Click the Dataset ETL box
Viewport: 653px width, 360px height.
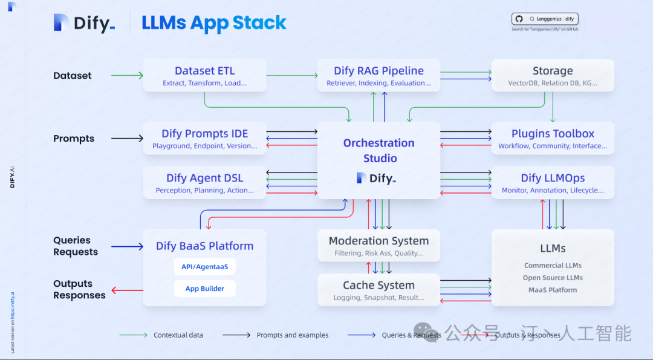pos(204,76)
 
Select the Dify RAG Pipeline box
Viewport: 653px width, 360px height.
pos(378,76)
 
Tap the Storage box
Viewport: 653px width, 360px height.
pos(553,76)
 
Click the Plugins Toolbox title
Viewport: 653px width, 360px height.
pos(553,134)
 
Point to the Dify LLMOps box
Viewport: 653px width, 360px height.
pos(553,183)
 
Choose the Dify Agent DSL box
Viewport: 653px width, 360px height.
pos(204,183)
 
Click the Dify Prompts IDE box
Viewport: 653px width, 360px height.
pos(204,139)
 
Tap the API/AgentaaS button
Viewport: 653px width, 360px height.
pos(205,266)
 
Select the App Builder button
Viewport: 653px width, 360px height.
pos(205,289)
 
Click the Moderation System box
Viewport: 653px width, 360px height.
pos(378,246)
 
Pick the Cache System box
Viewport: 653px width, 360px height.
pos(378,290)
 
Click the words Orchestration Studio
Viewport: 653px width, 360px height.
pos(379,151)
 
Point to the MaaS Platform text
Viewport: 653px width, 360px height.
pos(553,290)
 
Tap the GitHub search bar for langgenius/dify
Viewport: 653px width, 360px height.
pos(545,19)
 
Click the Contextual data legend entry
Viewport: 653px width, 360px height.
pos(178,335)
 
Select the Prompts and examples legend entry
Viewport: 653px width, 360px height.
pos(292,335)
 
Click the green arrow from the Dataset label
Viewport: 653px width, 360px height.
pos(127,76)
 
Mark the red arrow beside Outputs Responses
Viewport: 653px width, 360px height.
pos(127,290)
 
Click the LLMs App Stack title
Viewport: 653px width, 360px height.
pos(214,23)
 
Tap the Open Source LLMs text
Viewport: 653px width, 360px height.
pos(553,278)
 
